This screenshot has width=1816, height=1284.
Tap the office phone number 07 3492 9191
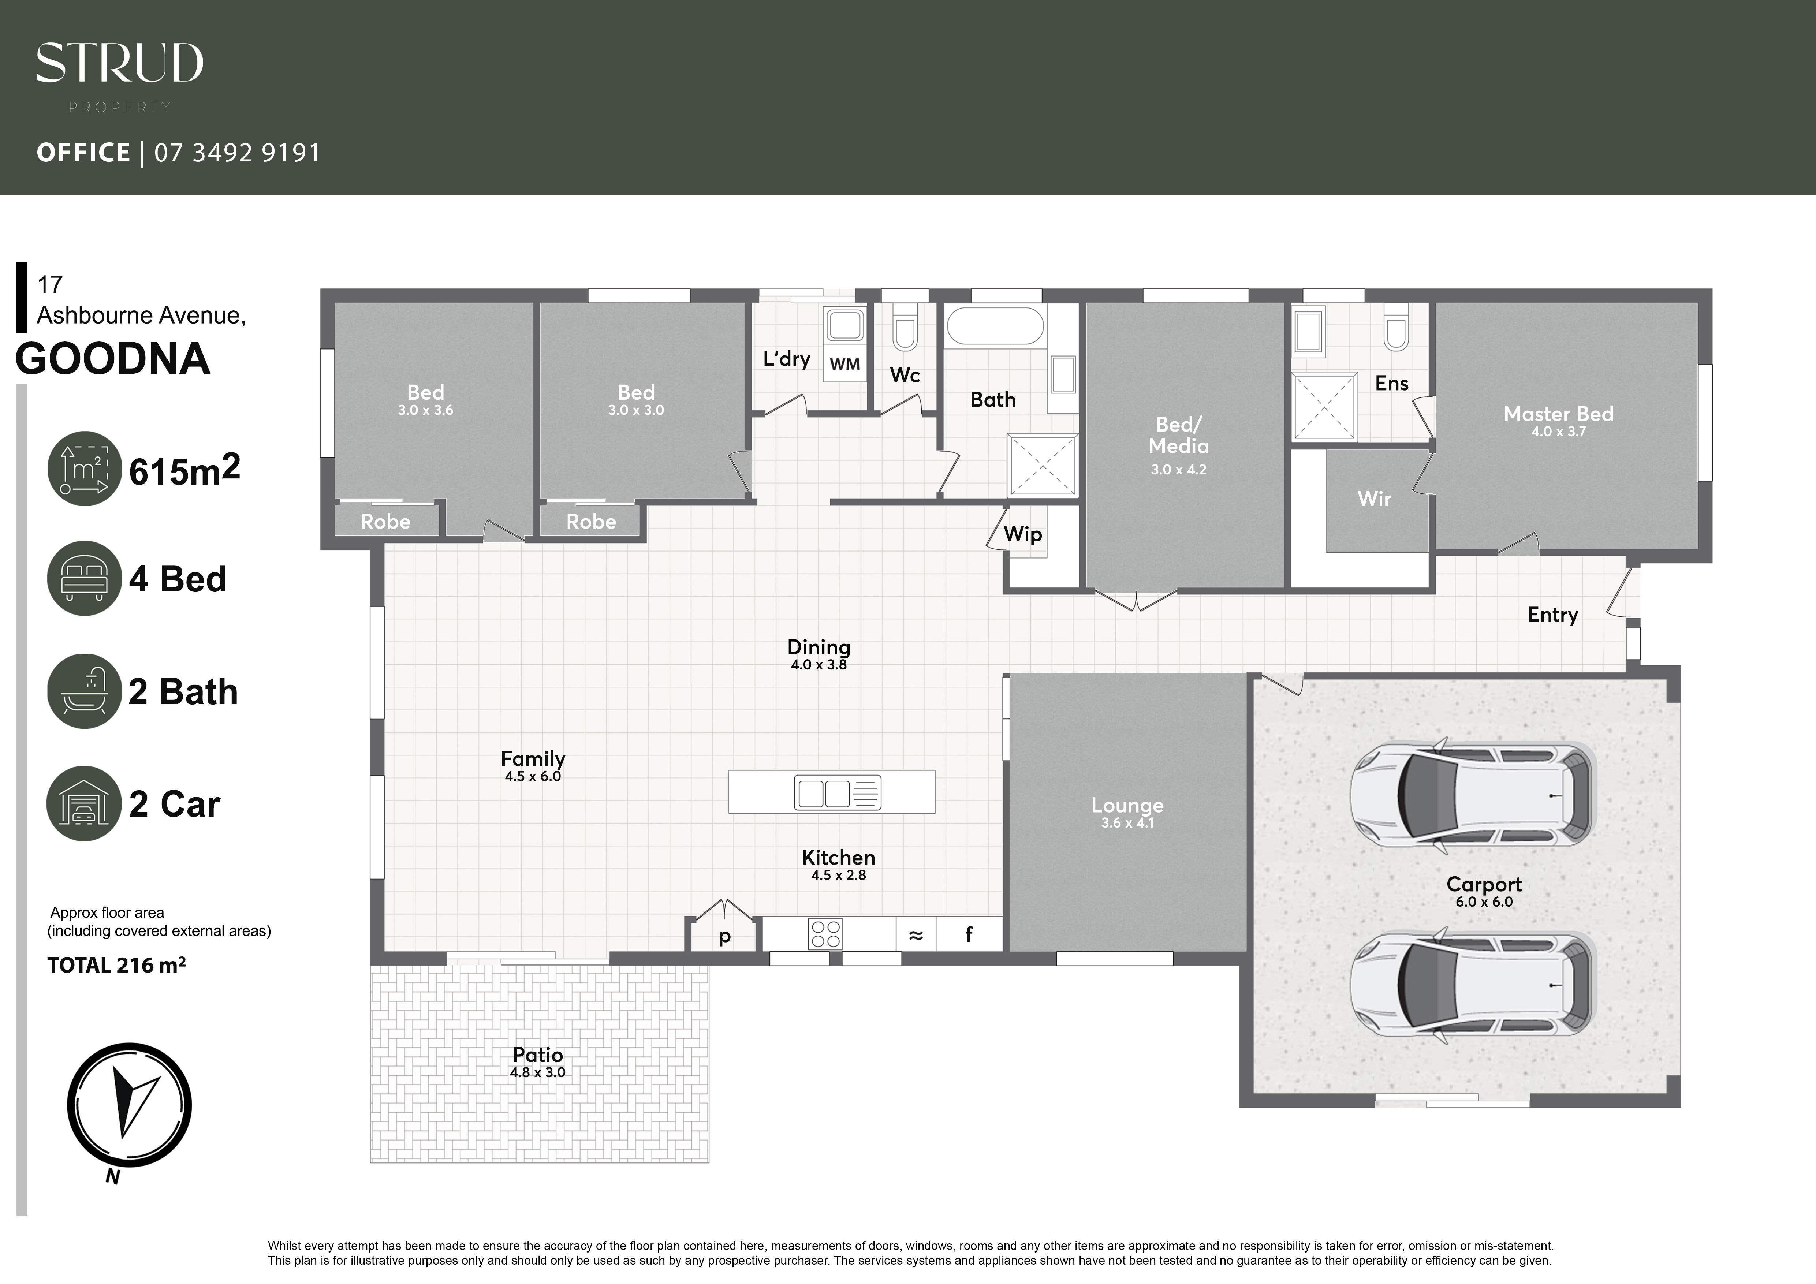237,153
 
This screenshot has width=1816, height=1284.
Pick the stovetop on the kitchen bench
825,934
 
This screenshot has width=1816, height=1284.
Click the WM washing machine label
845,365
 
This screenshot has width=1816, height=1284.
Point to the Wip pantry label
1023,534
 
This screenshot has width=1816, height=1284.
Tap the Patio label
538,1055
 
